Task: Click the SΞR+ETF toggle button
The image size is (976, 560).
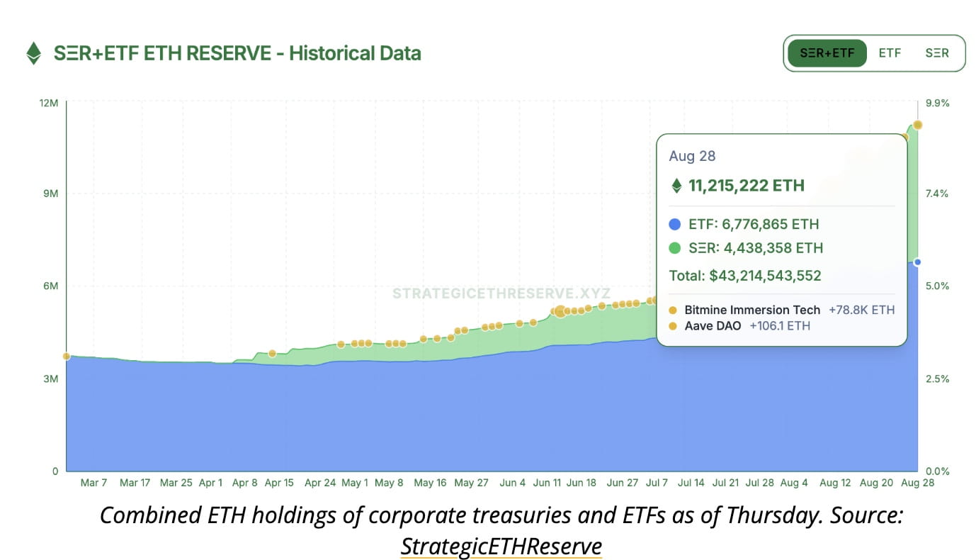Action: (827, 53)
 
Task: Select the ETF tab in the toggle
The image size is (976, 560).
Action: (890, 53)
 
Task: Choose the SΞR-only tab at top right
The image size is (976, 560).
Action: (936, 53)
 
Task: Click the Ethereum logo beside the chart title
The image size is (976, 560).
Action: (33, 53)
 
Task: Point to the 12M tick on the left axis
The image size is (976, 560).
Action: (49, 103)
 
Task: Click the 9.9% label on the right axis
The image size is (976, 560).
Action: (938, 103)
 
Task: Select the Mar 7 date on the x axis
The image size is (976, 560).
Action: (93, 483)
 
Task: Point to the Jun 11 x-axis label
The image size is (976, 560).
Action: (547, 483)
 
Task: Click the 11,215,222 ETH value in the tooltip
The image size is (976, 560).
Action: (746, 186)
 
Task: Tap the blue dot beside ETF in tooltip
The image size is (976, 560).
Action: (674, 225)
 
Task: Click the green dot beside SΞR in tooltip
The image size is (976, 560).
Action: (674, 248)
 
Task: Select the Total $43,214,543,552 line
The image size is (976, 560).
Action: (745, 276)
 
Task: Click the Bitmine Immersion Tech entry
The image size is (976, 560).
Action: (752, 310)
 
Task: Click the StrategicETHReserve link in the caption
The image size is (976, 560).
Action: (501, 547)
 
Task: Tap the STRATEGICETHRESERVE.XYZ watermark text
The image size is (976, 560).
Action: (501, 293)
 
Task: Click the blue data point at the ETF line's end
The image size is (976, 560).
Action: (917, 262)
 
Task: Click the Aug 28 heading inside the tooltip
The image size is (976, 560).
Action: (692, 156)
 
